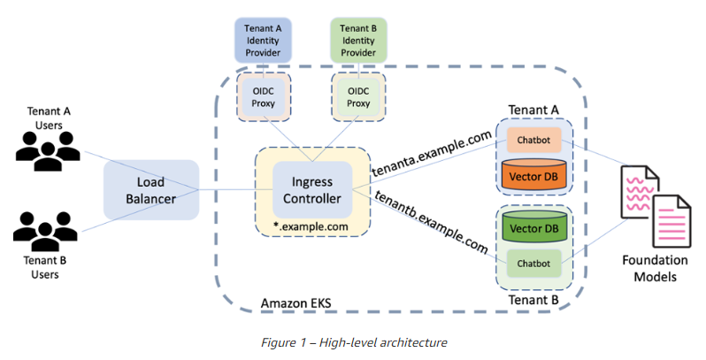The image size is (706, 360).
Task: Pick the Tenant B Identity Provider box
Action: tap(358, 40)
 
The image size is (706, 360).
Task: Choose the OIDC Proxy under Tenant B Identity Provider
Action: tap(358, 97)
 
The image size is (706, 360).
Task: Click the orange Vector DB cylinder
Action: tap(533, 175)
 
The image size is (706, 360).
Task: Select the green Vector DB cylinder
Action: tap(533, 227)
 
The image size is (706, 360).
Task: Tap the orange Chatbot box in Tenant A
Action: tap(533, 139)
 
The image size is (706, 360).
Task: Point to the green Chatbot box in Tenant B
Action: tap(533, 264)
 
